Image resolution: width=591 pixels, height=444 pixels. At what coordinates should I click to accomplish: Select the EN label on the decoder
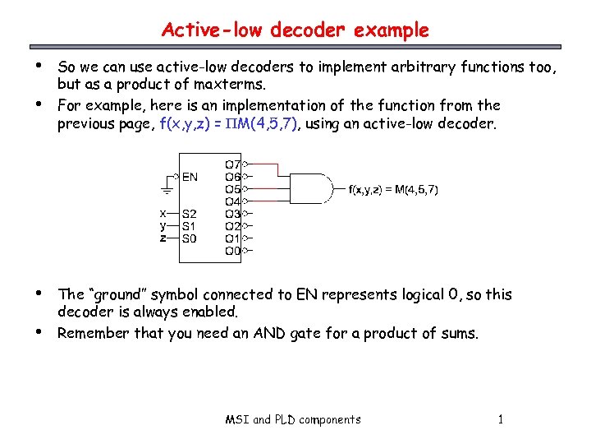[190, 176]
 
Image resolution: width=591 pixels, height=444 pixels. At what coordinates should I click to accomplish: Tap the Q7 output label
[232, 164]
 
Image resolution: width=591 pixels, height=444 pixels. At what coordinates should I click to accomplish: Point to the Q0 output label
[232, 251]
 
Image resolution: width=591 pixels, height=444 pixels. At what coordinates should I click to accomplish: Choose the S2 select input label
[190, 214]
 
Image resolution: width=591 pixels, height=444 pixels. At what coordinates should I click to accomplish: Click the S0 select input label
[190, 238]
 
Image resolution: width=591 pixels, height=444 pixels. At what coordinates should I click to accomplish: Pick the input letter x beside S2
[163, 213]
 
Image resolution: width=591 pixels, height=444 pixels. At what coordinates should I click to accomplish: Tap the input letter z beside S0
[163, 238]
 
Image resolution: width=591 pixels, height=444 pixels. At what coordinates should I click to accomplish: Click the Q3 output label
[232, 214]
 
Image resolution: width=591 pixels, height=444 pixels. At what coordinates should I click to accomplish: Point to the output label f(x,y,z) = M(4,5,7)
[393, 190]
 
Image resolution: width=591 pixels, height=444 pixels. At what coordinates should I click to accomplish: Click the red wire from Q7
[263, 165]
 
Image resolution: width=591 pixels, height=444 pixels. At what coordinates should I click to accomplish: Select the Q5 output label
[232, 189]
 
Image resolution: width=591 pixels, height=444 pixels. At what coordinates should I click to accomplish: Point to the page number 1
[501, 420]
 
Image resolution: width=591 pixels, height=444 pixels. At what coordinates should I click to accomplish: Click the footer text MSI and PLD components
[293, 420]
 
